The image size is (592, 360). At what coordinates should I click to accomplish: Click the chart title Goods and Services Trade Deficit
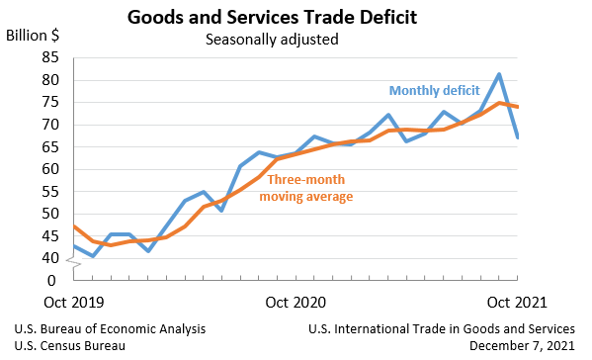pos(272,18)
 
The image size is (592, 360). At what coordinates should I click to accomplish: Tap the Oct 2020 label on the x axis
pos(296,301)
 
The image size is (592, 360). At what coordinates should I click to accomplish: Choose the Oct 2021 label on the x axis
pos(518,301)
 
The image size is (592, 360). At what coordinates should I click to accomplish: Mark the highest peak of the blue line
pos(499,74)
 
